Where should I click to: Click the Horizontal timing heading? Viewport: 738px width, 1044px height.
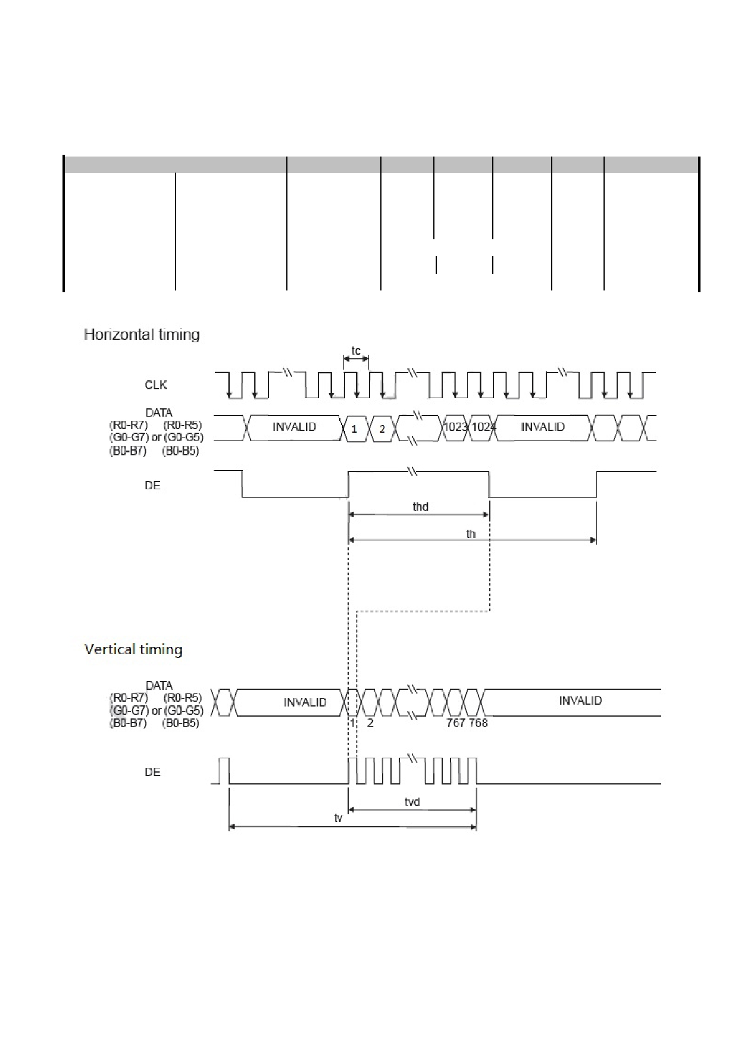(142, 335)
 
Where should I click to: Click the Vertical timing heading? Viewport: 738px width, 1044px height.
(133, 649)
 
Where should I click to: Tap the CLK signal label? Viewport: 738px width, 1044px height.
(156, 385)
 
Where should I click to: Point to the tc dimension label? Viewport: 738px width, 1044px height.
(356, 350)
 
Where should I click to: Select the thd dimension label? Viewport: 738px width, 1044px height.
(420, 507)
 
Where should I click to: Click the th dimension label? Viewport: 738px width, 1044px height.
(471, 534)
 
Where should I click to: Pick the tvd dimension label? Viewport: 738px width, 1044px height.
(412, 802)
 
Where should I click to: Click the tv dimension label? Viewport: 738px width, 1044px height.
(338, 818)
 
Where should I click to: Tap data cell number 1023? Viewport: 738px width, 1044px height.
(455, 427)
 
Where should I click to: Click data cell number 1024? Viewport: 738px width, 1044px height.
(483, 427)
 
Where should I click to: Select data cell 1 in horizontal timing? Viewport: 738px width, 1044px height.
(354, 429)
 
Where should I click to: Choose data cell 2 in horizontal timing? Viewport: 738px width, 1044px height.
(382, 429)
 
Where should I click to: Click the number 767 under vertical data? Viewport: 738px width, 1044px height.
(456, 723)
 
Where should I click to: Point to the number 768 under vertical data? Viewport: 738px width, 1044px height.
(479, 723)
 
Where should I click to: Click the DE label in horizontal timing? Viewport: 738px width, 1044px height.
(152, 486)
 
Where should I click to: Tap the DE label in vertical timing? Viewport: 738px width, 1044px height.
(152, 772)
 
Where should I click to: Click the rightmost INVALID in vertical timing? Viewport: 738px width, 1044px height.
(580, 701)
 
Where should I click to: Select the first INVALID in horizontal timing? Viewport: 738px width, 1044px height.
(294, 427)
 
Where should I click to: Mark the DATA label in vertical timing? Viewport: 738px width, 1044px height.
(159, 685)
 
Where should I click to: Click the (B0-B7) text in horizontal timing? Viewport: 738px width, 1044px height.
(127, 451)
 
